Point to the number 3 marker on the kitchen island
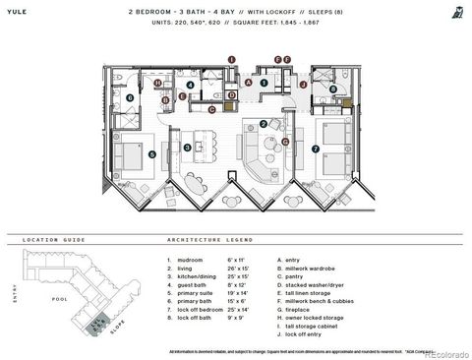pyautogui.click(x=187, y=148)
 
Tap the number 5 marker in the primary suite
pyautogui.click(x=151, y=154)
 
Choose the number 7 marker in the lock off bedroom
pyautogui.click(x=316, y=150)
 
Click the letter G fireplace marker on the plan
pyautogui.click(x=284, y=142)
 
